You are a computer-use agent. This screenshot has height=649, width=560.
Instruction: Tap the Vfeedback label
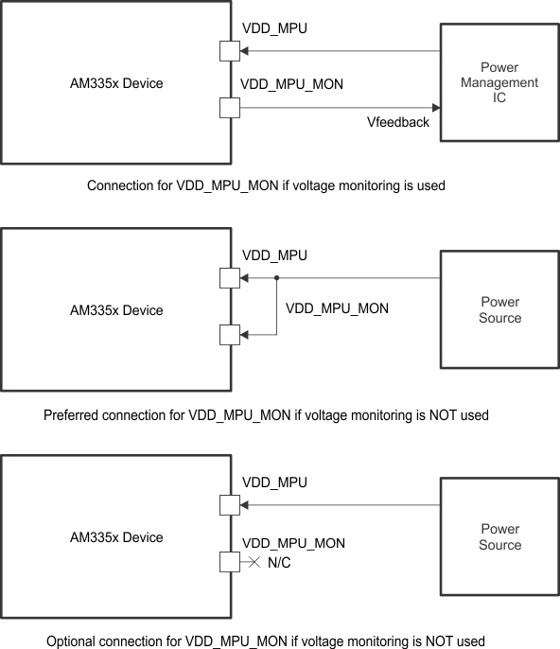[x=397, y=123]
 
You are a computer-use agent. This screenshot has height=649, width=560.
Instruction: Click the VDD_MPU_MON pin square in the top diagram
[x=230, y=108]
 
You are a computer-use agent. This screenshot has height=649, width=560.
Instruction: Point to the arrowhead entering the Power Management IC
[x=435, y=108]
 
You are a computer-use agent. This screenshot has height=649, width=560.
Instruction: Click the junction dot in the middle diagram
[x=276, y=278]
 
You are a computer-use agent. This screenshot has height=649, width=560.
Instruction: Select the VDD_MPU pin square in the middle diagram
[x=230, y=278]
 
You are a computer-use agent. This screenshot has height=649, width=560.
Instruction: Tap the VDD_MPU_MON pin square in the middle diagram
[x=230, y=334]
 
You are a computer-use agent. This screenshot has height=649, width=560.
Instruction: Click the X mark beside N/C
[x=254, y=562]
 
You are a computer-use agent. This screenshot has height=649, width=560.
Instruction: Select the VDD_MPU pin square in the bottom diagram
[x=230, y=505]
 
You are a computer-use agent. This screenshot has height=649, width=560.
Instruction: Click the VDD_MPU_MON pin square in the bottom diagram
[x=230, y=562]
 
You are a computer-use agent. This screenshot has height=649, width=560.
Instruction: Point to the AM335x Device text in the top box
[x=116, y=83]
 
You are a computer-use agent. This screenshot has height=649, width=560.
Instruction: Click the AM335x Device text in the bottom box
[x=116, y=537]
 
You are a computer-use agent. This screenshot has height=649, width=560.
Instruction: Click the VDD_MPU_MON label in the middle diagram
[x=337, y=308]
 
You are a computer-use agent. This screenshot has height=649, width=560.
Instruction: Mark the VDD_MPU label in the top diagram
[x=274, y=28]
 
